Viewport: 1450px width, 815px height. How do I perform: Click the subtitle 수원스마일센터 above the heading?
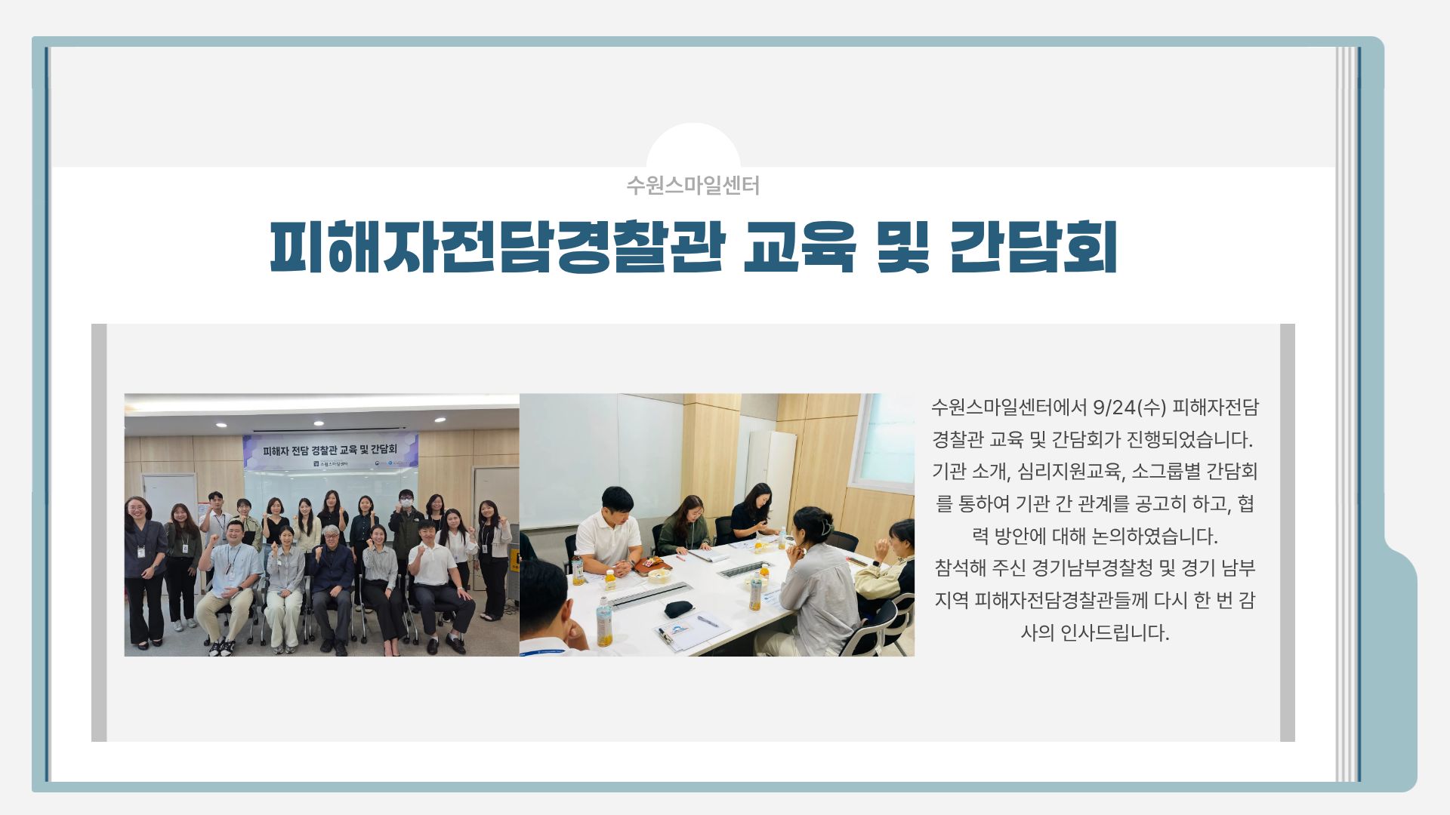click(693, 186)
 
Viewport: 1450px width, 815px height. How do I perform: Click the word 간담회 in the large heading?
click(1032, 246)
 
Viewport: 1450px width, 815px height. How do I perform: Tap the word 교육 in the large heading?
click(799, 246)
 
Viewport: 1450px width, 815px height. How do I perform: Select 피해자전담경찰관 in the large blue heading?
click(497, 246)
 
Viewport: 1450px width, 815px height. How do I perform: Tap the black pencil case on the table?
click(680, 608)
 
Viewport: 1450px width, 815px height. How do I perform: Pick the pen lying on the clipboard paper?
click(708, 620)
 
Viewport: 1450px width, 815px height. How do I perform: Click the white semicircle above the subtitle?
click(693, 146)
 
